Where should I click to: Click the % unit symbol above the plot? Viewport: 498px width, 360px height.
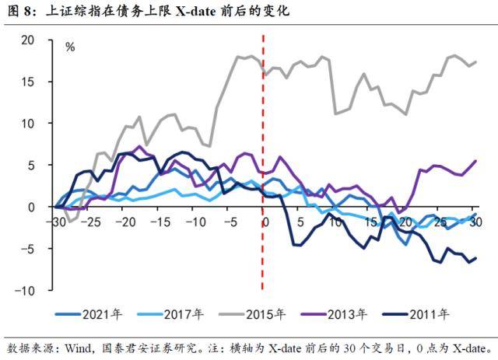coord(70,47)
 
